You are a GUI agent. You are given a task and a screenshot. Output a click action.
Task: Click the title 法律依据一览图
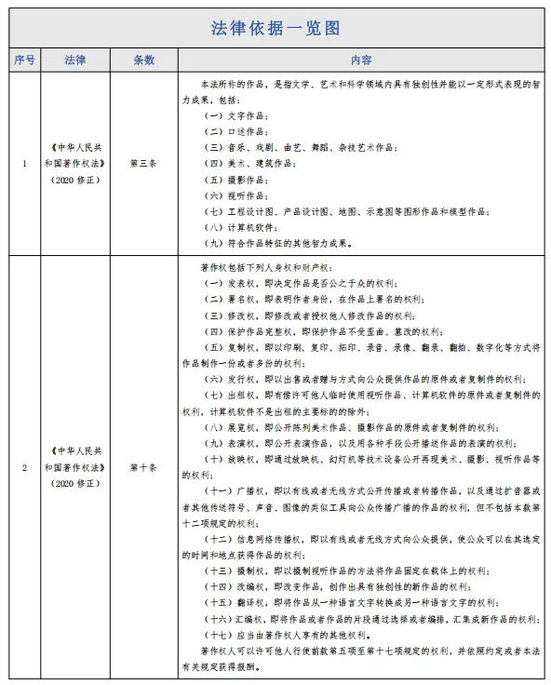pos(275,27)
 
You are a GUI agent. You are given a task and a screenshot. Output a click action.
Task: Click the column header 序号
pos(24,60)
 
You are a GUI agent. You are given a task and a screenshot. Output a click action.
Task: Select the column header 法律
pos(74,60)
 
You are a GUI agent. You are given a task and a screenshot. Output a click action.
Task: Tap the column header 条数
pos(143,60)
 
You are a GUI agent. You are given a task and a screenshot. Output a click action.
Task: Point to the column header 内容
pos(361,60)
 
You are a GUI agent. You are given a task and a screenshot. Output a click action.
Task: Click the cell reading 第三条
pos(143,163)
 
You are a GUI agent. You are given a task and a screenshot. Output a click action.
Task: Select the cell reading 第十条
pos(143,467)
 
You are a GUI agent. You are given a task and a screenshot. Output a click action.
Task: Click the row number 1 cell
pos(24,163)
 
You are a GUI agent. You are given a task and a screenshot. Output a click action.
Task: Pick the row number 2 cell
pos(24,467)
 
